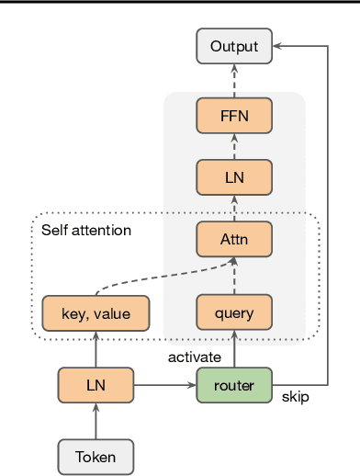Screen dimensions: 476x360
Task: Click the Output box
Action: pos(234,46)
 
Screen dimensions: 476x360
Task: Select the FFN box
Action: pos(234,116)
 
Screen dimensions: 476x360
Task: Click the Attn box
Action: pos(234,239)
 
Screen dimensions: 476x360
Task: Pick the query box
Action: pos(234,313)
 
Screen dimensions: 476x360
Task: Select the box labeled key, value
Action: pos(96,314)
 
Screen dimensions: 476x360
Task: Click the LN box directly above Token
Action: pos(96,385)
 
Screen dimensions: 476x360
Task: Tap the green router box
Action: pos(234,385)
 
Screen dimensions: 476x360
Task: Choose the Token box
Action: pos(96,456)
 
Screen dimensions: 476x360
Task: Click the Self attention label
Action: pos(86,230)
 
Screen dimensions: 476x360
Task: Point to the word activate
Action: pos(194,356)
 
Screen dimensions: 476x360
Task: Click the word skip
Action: pos(295,397)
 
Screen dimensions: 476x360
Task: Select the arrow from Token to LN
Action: pos(96,421)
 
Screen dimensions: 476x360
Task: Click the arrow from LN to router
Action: pos(165,385)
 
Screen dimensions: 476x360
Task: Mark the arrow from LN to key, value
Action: pos(96,350)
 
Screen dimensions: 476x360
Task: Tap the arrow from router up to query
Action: pos(234,349)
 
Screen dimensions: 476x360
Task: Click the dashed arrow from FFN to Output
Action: pos(234,81)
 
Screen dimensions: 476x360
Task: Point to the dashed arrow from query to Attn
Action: pos(234,276)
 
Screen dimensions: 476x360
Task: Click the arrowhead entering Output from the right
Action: pos(279,46)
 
